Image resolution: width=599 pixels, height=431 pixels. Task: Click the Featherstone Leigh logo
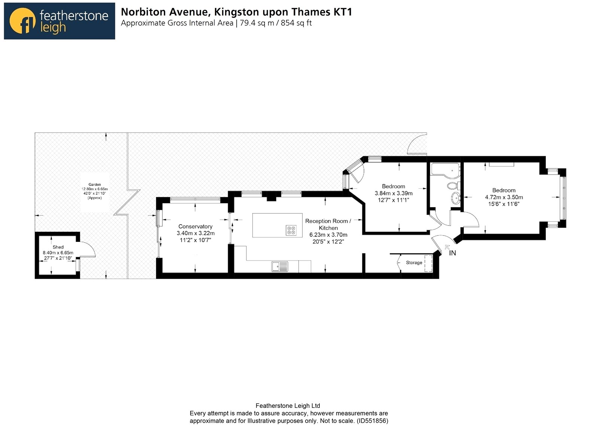coord(60,21)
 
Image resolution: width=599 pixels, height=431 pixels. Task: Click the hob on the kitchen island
coord(291,230)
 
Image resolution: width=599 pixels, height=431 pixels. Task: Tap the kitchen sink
coord(280,266)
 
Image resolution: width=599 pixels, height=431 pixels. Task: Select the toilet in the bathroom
coord(453,185)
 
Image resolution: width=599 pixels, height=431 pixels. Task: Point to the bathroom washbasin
coord(456,198)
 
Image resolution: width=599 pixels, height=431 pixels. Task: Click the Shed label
coord(58,247)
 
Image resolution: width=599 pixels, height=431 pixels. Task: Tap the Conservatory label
coord(195,227)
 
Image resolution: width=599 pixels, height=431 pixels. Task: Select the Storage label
coord(414,262)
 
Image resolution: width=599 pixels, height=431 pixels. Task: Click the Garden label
coord(95,184)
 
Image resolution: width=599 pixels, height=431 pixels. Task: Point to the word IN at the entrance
coord(453,253)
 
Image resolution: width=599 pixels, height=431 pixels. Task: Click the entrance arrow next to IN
coord(447,247)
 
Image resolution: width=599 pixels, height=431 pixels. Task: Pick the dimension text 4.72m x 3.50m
coord(504,197)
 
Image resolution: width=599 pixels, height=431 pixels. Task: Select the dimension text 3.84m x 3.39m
coord(393,193)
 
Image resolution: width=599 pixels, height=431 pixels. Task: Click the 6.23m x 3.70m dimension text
coord(328,235)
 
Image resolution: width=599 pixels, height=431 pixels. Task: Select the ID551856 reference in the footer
coord(372,421)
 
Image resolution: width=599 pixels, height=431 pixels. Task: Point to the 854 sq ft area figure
coord(296,23)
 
